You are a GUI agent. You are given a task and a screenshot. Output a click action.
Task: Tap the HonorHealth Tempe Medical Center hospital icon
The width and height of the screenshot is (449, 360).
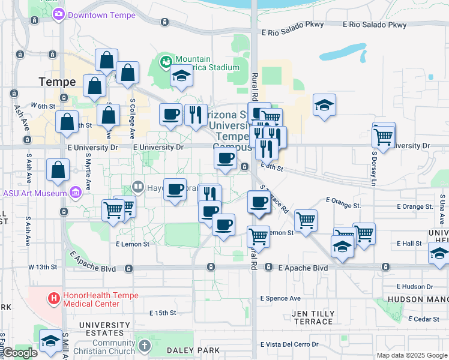coord(54,297)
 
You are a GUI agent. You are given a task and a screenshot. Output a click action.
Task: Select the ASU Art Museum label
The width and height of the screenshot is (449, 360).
coord(34,193)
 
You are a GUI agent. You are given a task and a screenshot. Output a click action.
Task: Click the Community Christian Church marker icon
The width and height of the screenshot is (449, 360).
coord(144,346)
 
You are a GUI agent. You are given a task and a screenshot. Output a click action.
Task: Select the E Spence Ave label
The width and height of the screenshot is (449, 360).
coord(280,298)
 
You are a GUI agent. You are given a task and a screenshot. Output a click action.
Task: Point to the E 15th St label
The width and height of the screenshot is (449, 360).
coord(163,313)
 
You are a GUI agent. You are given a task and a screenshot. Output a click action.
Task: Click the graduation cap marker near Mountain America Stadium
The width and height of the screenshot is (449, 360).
coord(181,76)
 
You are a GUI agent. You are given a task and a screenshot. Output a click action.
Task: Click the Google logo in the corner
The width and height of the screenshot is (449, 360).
coord(20,353)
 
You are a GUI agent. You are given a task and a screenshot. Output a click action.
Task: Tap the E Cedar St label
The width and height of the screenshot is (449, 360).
coord(427,319)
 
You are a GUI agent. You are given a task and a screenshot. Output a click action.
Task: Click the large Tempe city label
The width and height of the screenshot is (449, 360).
coord(57,82)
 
